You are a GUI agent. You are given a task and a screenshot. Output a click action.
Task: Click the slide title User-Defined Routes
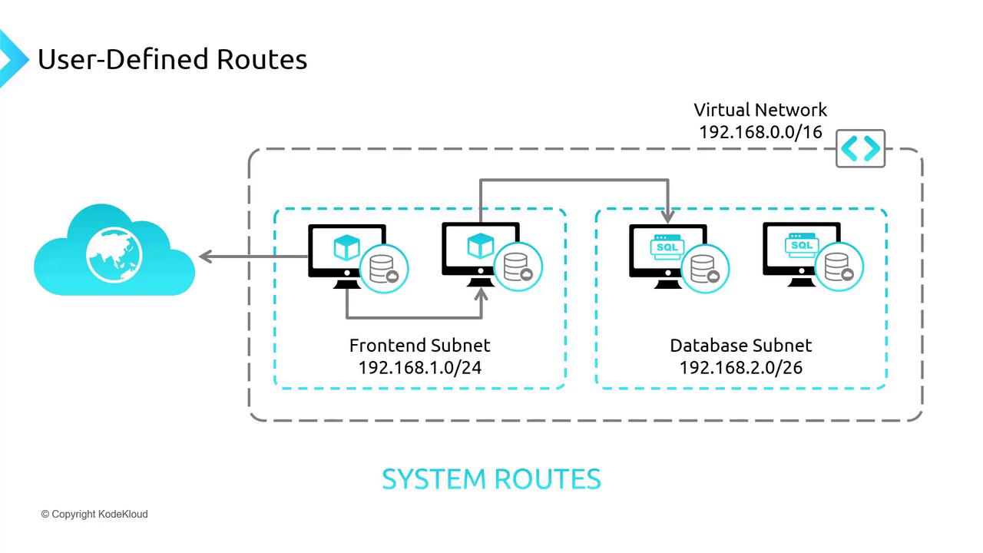pyautogui.click(x=172, y=59)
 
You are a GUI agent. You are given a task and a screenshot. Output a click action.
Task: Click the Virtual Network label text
pyautogui.click(x=760, y=110)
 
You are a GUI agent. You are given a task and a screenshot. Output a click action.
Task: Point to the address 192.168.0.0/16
pyautogui.click(x=760, y=132)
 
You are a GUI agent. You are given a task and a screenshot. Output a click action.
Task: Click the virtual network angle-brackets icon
pyautogui.click(x=860, y=148)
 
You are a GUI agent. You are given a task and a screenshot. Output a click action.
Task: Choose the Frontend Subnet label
pyautogui.click(x=419, y=345)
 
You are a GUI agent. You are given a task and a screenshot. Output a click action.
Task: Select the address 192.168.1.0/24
pyautogui.click(x=419, y=367)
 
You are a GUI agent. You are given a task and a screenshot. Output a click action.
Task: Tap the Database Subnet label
pyautogui.click(x=740, y=345)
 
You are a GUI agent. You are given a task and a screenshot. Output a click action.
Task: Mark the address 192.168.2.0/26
pyautogui.click(x=740, y=367)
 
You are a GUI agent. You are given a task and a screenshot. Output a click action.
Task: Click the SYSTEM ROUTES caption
pyautogui.click(x=491, y=478)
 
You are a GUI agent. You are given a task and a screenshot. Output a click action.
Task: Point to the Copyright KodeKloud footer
pyautogui.click(x=94, y=514)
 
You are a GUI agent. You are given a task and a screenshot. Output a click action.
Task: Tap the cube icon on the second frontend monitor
pyautogui.click(x=480, y=246)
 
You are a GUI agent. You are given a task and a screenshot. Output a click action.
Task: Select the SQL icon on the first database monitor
pyautogui.click(x=666, y=247)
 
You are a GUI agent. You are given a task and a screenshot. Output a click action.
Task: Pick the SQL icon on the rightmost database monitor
pyautogui.click(x=800, y=245)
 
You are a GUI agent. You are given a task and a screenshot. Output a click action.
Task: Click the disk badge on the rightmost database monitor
pyautogui.click(x=839, y=267)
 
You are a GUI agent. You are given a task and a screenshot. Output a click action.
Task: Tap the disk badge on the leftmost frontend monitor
pyautogui.click(x=384, y=269)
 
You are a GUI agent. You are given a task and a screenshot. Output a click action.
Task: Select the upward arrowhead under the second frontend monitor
pyautogui.click(x=482, y=293)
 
